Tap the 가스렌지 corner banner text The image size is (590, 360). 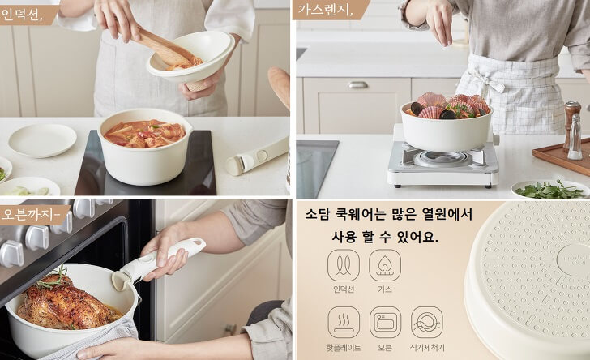click(x=325, y=10)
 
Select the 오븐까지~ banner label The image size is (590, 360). click(x=31, y=215)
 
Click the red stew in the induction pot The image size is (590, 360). click(x=144, y=133)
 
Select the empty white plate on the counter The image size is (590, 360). click(x=42, y=139)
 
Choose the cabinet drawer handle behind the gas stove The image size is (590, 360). click(x=357, y=84)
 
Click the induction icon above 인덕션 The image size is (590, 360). click(x=344, y=265)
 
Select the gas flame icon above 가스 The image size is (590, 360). click(x=385, y=265)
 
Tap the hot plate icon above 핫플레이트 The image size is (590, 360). click(x=344, y=322)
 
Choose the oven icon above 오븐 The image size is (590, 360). click(x=385, y=322)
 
